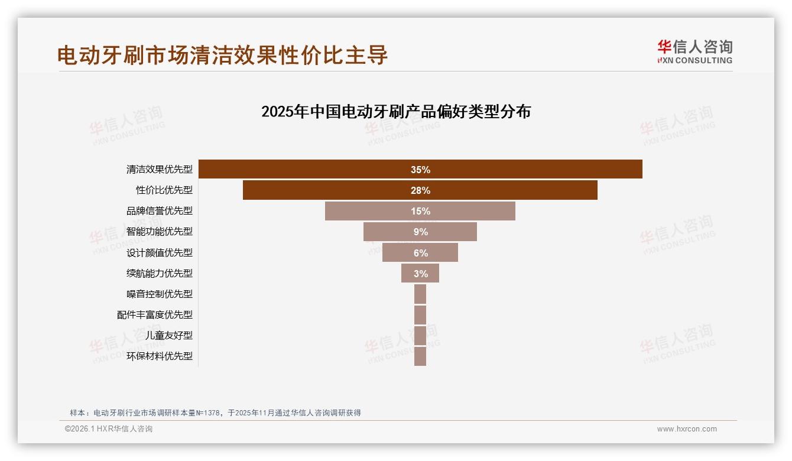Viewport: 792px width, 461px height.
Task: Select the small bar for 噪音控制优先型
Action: (x=420, y=294)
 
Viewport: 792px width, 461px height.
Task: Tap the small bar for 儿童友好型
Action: (x=420, y=335)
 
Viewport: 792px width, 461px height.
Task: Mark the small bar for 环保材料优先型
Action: (x=420, y=356)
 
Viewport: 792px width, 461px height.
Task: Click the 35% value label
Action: (x=420, y=170)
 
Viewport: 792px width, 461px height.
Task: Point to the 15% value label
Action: (x=420, y=211)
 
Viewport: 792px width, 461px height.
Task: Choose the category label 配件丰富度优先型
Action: (x=155, y=315)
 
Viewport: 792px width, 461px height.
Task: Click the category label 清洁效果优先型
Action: (x=160, y=170)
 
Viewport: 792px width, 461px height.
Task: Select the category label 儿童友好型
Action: (x=169, y=336)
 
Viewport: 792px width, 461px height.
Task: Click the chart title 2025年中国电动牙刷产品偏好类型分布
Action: (x=396, y=112)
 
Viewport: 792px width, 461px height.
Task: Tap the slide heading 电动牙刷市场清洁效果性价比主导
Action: (x=223, y=55)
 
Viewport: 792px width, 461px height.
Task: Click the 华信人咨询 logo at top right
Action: (x=694, y=52)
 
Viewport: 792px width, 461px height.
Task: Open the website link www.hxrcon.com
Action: (x=687, y=429)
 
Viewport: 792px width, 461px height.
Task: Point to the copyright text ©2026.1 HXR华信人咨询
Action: (x=109, y=429)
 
